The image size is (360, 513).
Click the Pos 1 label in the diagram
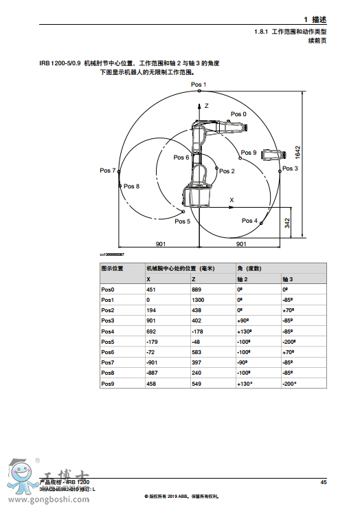[x=199, y=85]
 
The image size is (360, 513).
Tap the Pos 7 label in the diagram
[x=107, y=170]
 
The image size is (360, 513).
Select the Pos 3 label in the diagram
[x=290, y=168]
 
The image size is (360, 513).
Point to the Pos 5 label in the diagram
[x=182, y=221]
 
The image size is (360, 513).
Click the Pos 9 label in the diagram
[x=249, y=153]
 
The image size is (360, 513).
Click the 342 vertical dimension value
[x=287, y=223]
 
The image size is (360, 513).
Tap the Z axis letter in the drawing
[x=205, y=106]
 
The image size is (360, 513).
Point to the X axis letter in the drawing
[x=232, y=199]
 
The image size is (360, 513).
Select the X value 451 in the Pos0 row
[x=150, y=290]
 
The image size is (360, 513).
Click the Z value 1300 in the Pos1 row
[x=197, y=300]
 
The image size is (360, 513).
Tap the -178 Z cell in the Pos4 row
[x=197, y=331]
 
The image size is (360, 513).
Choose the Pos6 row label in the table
[x=108, y=351]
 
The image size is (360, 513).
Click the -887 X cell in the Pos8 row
[x=152, y=372]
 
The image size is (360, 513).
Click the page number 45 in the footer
[x=323, y=482]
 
